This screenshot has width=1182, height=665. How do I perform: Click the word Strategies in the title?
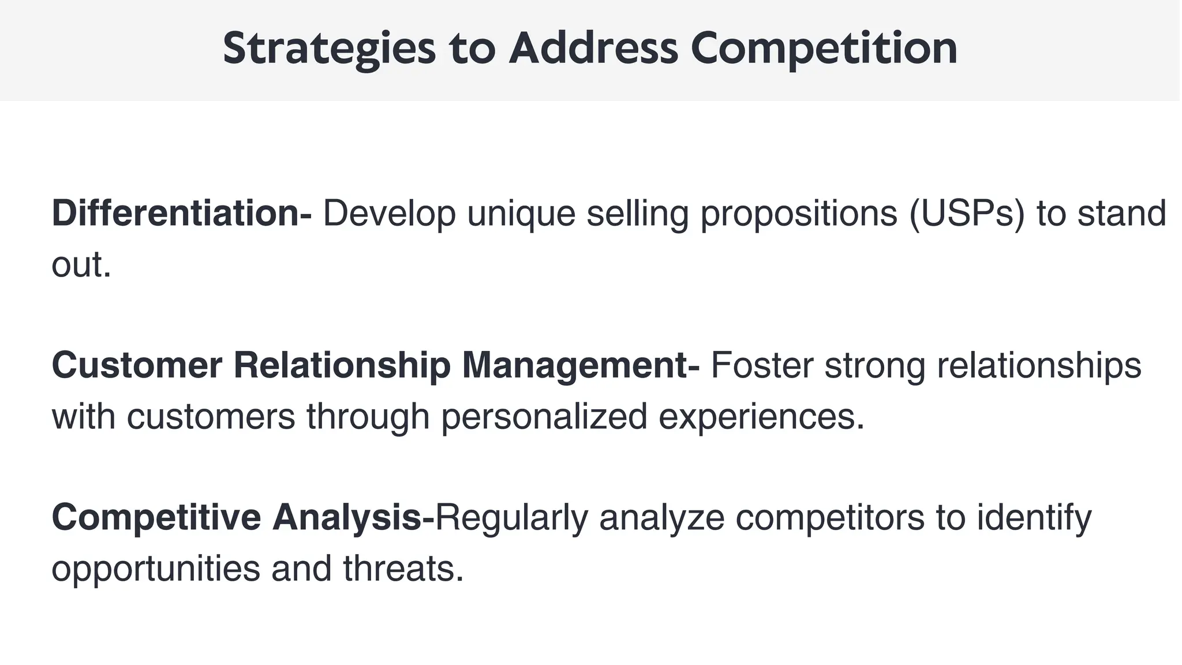point(329,49)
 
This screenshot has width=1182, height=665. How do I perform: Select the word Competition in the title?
point(824,49)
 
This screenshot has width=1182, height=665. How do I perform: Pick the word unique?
point(521,214)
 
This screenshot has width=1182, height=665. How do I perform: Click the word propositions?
point(799,214)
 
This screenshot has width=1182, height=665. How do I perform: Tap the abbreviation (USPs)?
point(967,213)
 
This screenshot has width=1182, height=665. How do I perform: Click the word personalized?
point(544,417)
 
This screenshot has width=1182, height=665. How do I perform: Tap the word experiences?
point(761,417)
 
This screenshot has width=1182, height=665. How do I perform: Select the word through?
point(368,417)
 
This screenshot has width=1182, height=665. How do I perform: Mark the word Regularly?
point(511,518)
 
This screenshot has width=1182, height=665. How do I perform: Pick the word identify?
point(1034,518)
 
